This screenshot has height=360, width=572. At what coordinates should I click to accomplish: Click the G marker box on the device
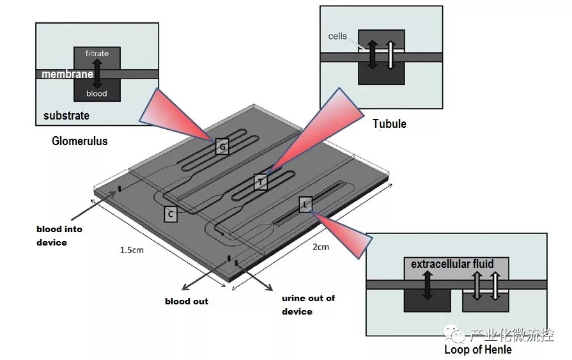point(222,148)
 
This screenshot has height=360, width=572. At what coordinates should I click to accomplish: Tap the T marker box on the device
point(261,182)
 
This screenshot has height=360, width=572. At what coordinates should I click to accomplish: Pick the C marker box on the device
point(170,214)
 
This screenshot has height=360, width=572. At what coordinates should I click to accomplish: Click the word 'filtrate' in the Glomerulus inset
point(97,54)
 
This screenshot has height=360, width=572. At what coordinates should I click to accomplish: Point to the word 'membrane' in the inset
point(68,75)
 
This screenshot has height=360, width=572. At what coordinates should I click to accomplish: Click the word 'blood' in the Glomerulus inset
point(97,94)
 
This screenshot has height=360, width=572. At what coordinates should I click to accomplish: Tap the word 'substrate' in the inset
point(66,116)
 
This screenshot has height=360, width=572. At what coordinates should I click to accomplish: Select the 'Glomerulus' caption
point(80,141)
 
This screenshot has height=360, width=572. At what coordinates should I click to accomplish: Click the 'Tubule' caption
point(389,124)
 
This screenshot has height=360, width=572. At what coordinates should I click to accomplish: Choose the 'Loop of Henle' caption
point(478,350)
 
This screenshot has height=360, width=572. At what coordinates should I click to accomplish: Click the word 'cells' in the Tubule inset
point(337,36)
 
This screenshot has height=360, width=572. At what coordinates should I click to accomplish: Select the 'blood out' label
point(187,301)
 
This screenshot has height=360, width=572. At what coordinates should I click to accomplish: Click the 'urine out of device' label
point(308,304)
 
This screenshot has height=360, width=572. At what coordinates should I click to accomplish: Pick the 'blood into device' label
point(59,235)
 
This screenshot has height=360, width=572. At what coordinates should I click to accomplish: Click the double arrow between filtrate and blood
point(97,74)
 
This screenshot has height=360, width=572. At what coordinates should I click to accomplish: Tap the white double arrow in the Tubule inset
point(390,56)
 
